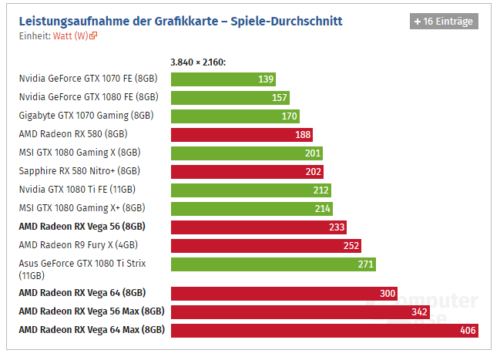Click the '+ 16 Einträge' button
(444, 22)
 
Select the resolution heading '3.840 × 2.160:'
(197, 62)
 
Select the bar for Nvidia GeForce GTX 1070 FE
(223, 79)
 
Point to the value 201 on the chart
(313, 153)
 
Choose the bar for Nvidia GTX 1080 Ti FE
(250, 190)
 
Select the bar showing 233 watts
(259, 227)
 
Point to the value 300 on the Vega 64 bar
(388, 293)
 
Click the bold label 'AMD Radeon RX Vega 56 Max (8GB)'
(92, 311)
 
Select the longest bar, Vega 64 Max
(324, 330)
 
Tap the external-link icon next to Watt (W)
(94, 35)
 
